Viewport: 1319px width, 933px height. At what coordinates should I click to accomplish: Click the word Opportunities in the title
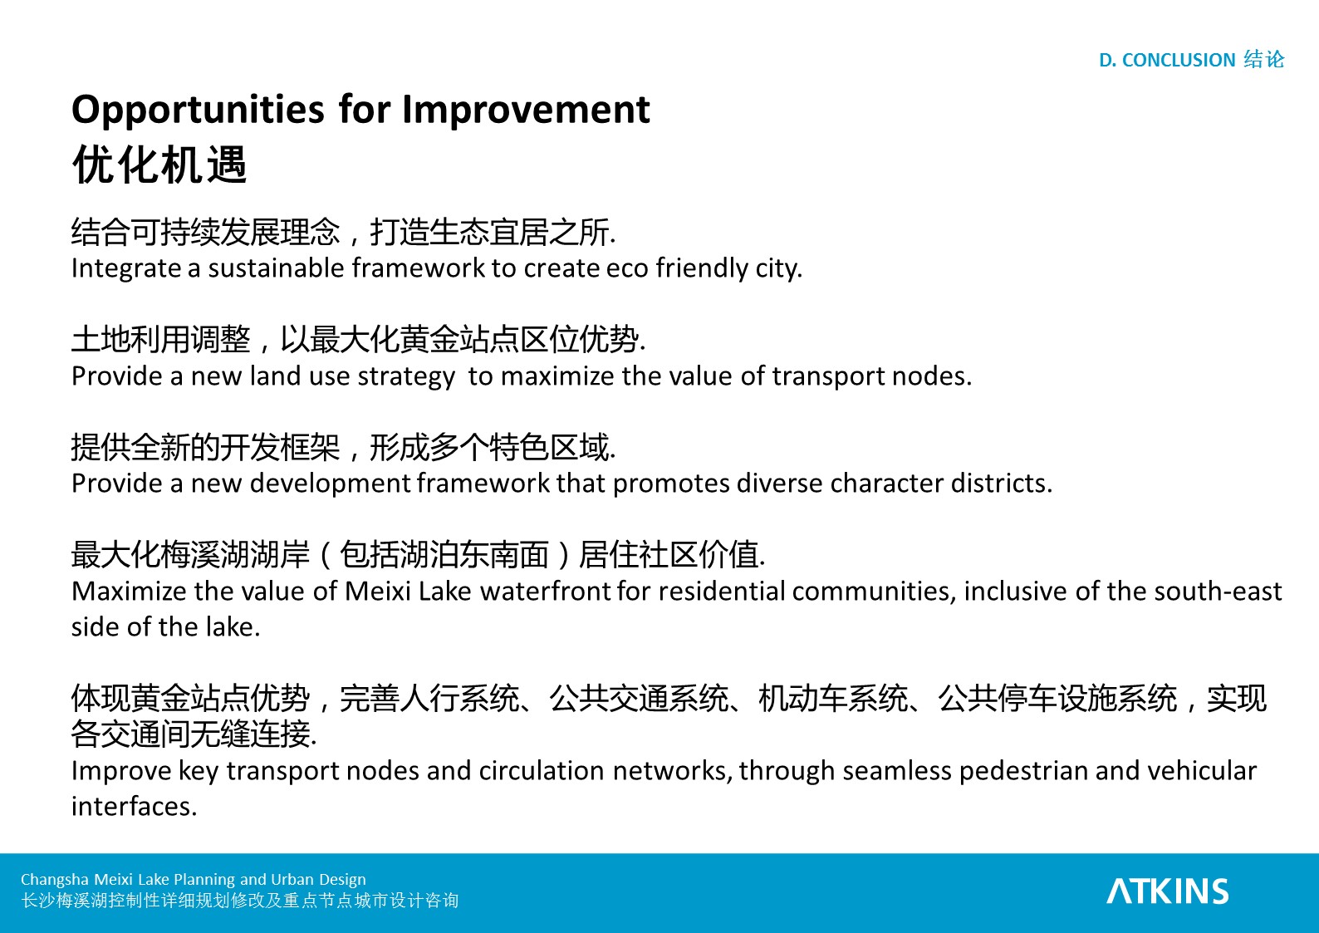(x=198, y=110)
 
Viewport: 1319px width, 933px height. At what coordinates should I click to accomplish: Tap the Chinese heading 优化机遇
(x=159, y=165)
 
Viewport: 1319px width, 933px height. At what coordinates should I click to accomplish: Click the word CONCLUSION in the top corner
(x=1179, y=60)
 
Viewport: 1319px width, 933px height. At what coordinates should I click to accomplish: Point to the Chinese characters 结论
(x=1264, y=60)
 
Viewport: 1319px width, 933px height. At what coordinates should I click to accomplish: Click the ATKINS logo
(x=1168, y=891)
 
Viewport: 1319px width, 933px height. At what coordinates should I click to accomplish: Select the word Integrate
(x=125, y=268)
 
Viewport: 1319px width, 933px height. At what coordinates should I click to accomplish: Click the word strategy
(x=405, y=376)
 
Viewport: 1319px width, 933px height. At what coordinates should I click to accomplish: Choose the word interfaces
(x=134, y=807)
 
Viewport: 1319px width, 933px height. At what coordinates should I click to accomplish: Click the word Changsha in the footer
(x=55, y=880)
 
